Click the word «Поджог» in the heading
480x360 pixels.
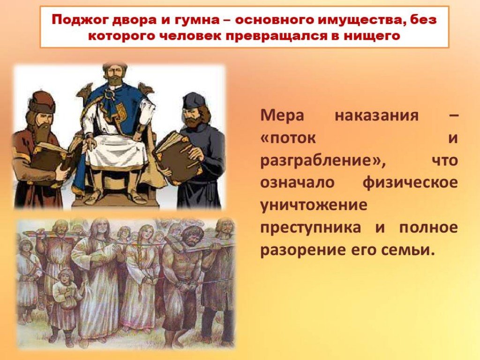click(78, 20)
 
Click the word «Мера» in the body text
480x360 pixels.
click(282, 115)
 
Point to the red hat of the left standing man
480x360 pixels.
click(42, 101)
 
